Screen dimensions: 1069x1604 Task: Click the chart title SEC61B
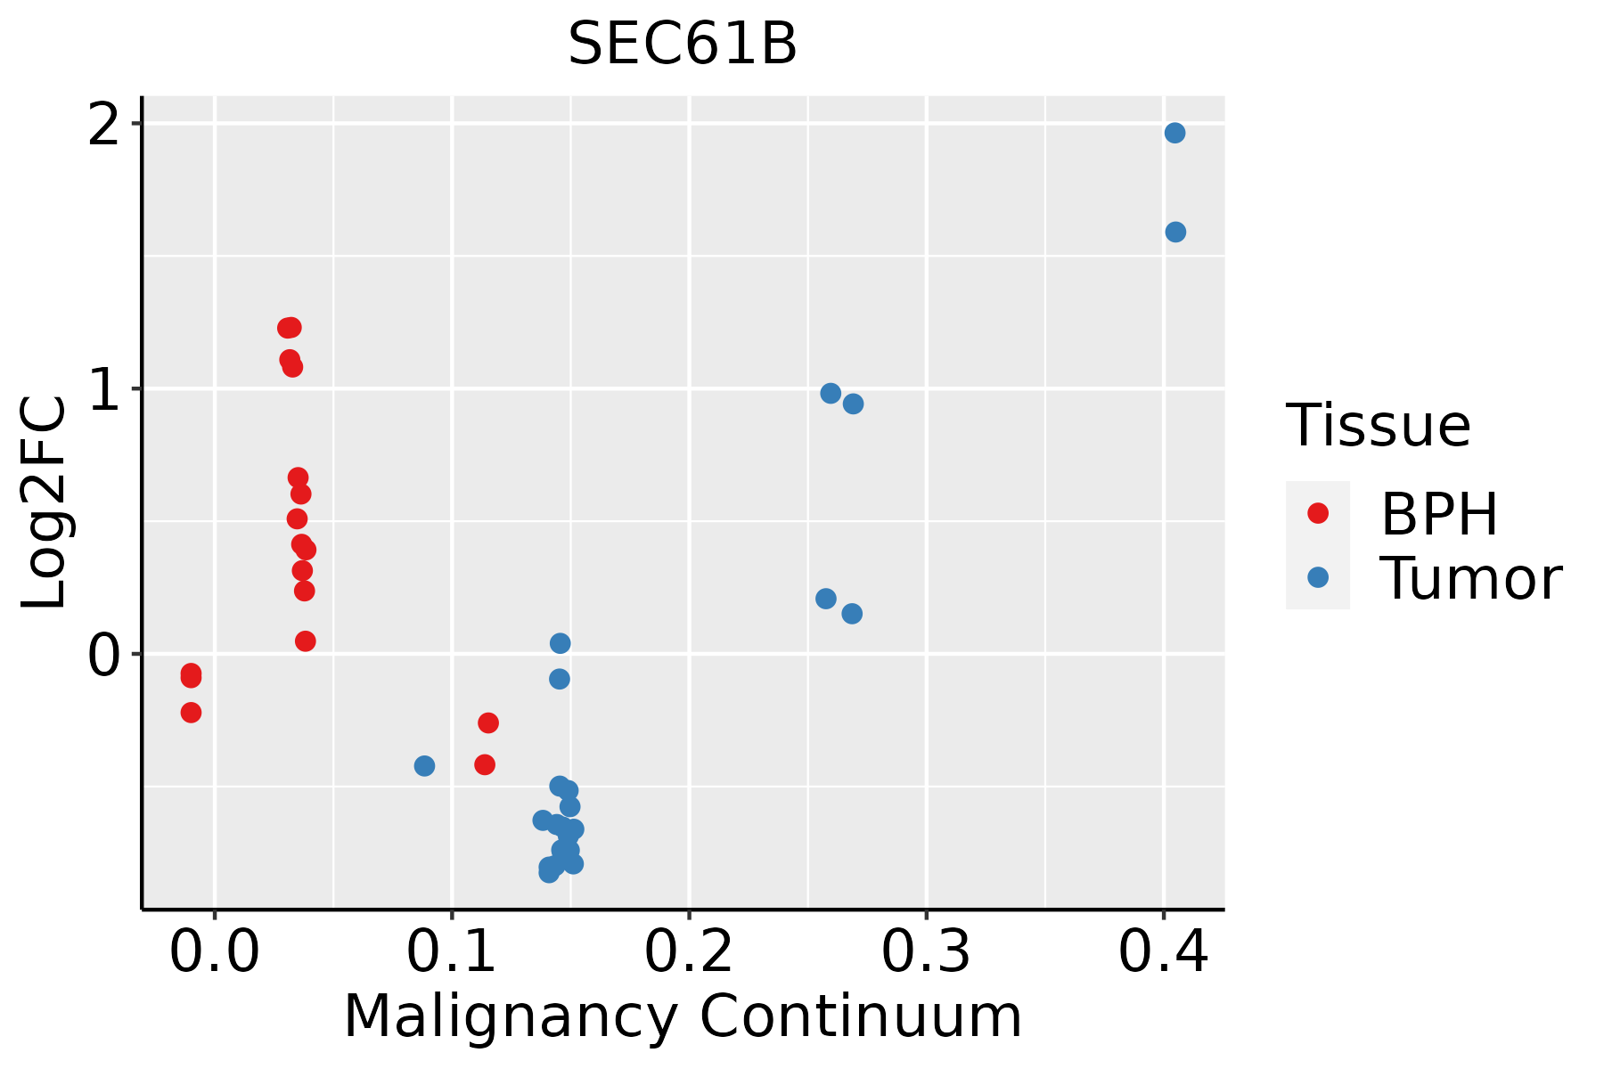tap(683, 45)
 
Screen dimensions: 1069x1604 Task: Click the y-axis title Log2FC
tap(45, 503)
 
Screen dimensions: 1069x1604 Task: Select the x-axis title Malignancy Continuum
tap(683, 1017)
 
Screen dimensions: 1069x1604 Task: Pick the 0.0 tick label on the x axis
tap(215, 953)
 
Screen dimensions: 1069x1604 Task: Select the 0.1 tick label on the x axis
tap(452, 953)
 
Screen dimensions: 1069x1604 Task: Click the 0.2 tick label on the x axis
tap(689, 953)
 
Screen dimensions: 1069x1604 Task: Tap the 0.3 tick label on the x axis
tap(927, 953)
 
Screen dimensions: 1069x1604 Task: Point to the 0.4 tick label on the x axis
tap(1164, 953)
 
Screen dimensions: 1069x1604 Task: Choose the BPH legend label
tap(1439, 514)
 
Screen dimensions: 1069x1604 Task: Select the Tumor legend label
tap(1470, 578)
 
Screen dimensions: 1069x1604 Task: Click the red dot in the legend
tap(1318, 513)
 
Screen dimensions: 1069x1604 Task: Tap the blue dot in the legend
tap(1318, 577)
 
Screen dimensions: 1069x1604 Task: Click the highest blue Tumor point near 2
tap(1174, 133)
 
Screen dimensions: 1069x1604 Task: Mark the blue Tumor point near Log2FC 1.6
tap(1175, 232)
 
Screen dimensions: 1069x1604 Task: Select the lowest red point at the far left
tap(191, 712)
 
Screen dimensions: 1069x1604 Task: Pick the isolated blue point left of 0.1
tap(424, 766)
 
